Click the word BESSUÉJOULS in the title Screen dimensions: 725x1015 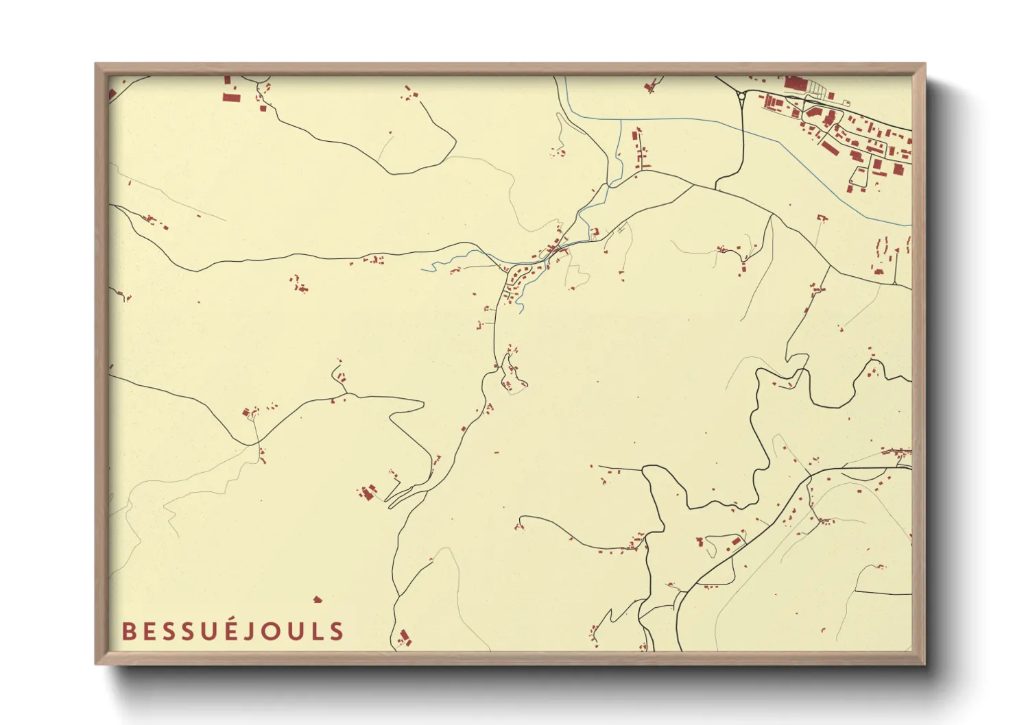click(232, 630)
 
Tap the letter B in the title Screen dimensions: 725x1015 click(128, 632)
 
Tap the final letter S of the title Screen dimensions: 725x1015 click(337, 632)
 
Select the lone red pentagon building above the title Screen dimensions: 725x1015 click(317, 600)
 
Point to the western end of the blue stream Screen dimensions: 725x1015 click(422, 269)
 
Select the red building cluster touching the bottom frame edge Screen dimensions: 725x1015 click(405, 638)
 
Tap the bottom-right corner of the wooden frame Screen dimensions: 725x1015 click(924, 663)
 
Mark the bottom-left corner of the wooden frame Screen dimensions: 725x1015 click(96, 663)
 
